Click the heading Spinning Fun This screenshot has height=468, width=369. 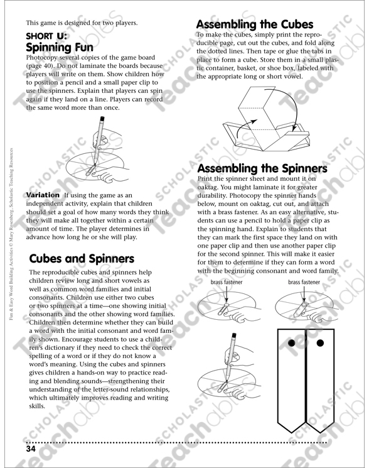60,48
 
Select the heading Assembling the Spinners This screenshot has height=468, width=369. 262,169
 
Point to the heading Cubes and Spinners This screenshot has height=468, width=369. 81,258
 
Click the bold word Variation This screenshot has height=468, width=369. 43,195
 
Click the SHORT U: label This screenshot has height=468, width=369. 46,36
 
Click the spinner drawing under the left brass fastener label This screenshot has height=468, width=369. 225,306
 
